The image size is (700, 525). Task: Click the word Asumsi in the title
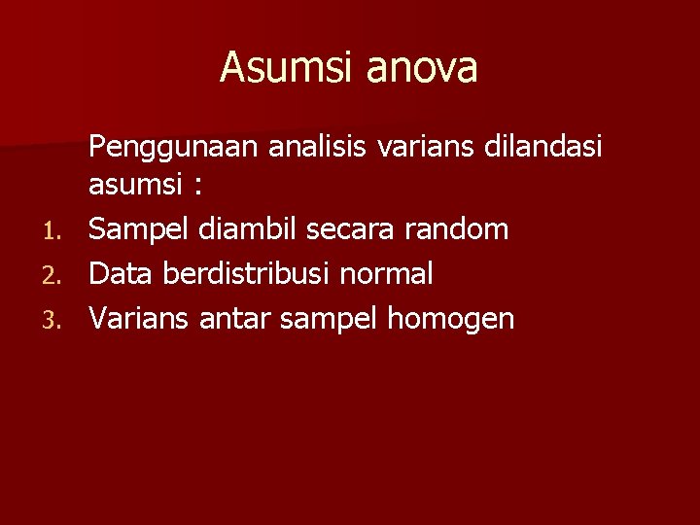point(275,68)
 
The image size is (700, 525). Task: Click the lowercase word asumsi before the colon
point(136,185)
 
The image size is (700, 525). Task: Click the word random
point(459,229)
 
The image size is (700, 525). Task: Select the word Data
point(122,274)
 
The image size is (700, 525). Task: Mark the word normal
point(386,274)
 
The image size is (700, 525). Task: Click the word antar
point(235,319)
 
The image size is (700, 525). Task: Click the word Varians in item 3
point(140,319)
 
